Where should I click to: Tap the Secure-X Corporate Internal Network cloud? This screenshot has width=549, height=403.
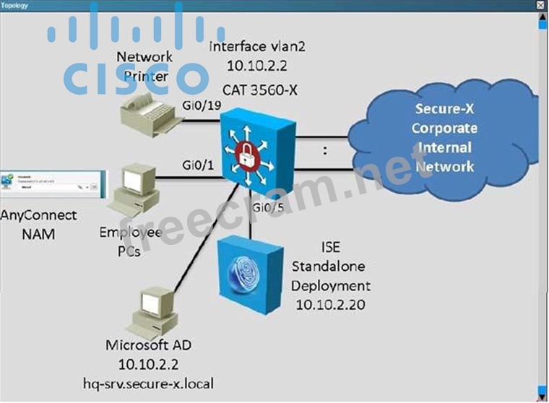[444, 137]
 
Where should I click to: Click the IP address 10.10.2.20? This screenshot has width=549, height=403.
[329, 304]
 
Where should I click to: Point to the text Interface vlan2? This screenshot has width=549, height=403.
[256, 46]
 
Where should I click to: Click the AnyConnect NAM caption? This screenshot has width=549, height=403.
[38, 225]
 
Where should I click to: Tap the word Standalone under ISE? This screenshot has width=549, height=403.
[326, 267]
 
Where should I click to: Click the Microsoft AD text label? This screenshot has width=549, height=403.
[147, 345]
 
